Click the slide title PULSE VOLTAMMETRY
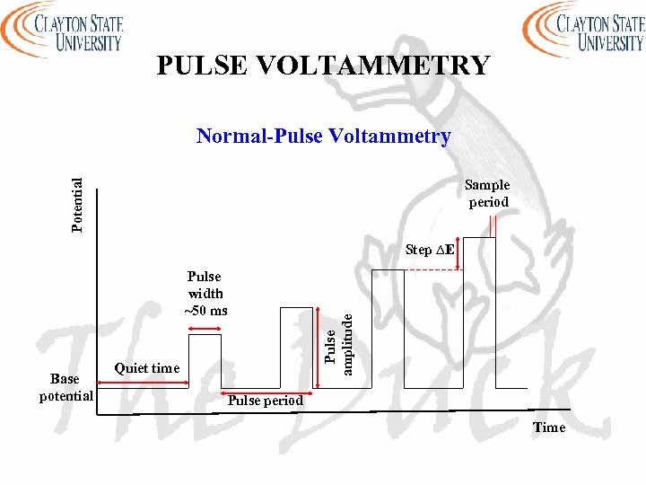pos(323,66)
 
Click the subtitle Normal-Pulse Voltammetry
pos(323,137)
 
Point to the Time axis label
pos(549,428)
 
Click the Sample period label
pos(488,193)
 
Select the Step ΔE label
pos(429,250)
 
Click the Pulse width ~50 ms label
pos(205,294)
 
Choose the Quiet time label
pos(147,368)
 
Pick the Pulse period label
pos(265,401)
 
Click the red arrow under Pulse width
pos(205,329)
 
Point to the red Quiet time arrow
pos(144,384)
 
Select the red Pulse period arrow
pos(265,391)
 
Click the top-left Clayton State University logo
pos(63,29)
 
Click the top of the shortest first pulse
pos(205,335)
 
